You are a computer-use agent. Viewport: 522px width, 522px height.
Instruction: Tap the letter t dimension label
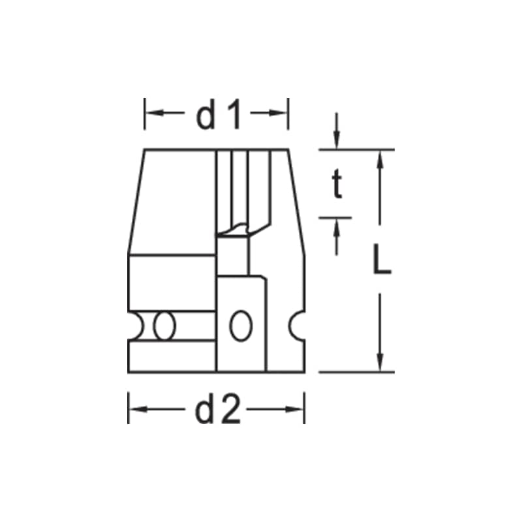(336, 185)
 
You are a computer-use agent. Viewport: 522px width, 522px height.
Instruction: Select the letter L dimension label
(382, 260)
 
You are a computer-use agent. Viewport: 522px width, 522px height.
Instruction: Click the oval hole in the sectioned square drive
(241, 324)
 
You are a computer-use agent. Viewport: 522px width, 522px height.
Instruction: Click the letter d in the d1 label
(206, 116)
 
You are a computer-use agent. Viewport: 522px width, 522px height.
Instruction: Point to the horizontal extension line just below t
(335, 218)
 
